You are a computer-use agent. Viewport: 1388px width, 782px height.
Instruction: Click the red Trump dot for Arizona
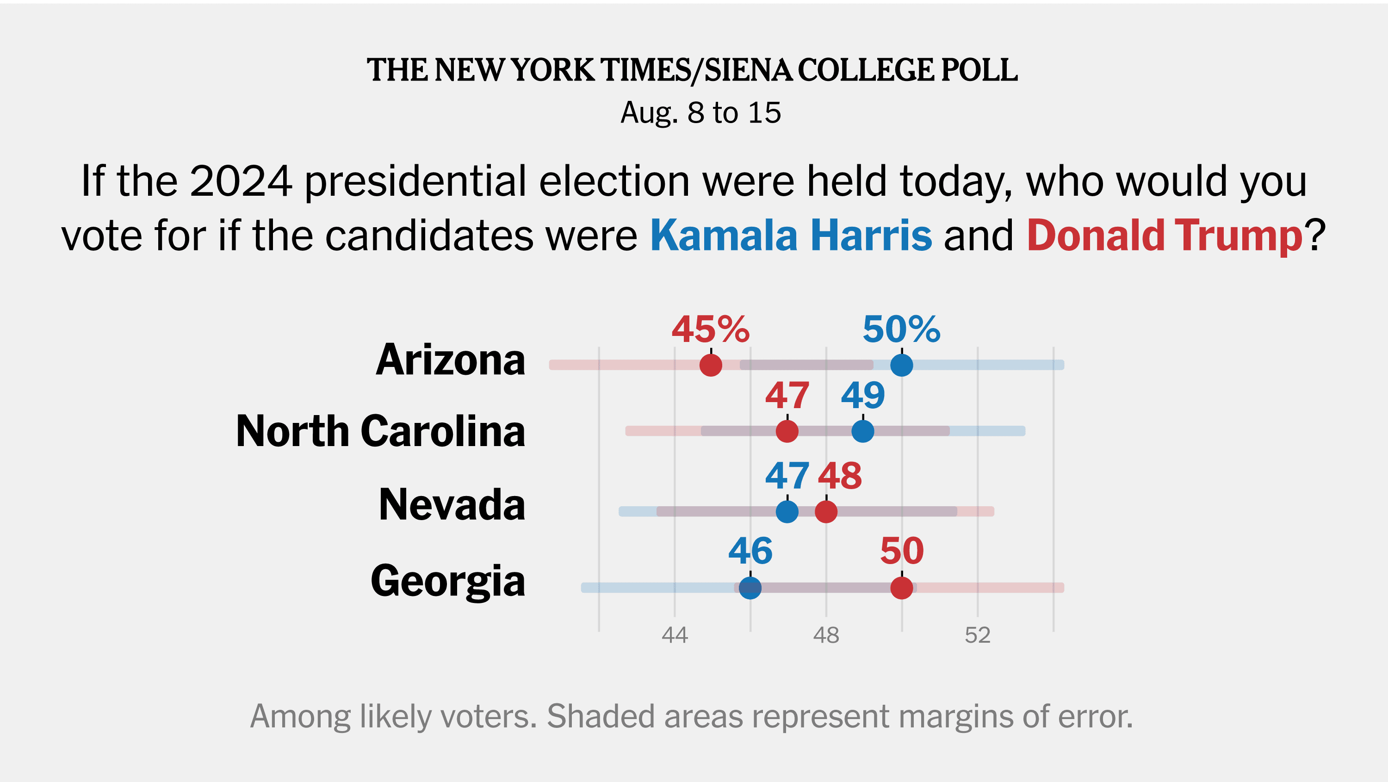tap(711, 366)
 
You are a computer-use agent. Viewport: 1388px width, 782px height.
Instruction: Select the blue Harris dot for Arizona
tap(901, 366)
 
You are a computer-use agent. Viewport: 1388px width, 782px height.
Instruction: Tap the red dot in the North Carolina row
tap(787, 431)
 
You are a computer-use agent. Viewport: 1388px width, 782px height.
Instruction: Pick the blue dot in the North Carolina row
tap(863, 431)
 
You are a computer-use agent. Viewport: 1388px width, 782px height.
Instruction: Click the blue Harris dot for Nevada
tap(787, 511)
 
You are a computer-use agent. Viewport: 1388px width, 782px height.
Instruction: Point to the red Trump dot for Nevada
tap(826, 511)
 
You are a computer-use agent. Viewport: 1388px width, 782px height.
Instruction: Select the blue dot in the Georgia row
tap(750, 588)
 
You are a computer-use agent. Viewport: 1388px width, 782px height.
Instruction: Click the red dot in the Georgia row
tap(901, 588)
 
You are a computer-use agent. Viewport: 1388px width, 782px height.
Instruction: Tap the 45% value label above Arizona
tap(710, 329)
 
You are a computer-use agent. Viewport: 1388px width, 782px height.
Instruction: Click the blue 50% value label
tap(901, 329)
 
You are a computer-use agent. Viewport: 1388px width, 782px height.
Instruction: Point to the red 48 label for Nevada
tap(839, 476)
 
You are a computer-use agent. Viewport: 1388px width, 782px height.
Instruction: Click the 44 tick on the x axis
tap(675, 635)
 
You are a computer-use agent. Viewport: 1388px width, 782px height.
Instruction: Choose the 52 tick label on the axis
tap(978, 635)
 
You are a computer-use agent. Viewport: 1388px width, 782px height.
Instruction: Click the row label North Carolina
tap(380, 431)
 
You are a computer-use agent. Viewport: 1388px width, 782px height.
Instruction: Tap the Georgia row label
tap(448, 581)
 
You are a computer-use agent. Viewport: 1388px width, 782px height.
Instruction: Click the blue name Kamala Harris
tap(791, 236)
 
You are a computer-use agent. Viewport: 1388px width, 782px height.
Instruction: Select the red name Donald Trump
tap(1165, 236)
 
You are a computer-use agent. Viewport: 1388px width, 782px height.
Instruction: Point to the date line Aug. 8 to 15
tap(700, 112)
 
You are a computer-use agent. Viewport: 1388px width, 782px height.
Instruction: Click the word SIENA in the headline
tap(749, 71)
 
